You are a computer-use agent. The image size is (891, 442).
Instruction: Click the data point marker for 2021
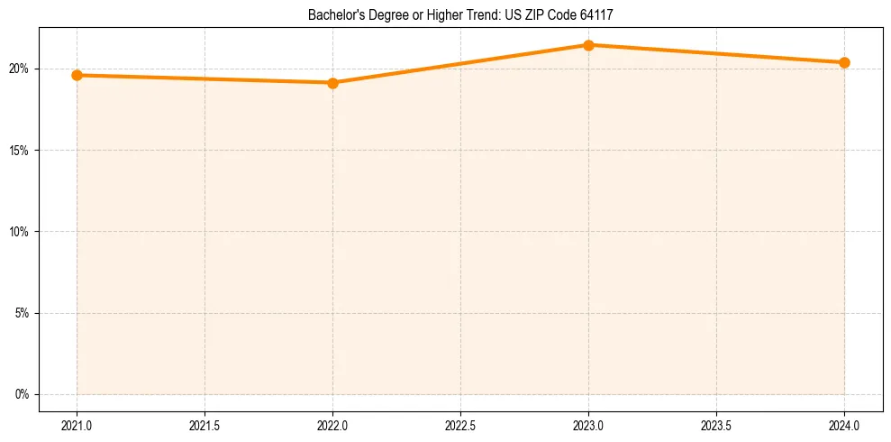coord(77,75)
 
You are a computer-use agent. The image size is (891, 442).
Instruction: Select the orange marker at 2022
coord(332,83)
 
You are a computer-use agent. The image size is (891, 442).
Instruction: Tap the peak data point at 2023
coord(588,45)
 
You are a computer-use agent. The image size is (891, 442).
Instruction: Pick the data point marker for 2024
coord(844,62)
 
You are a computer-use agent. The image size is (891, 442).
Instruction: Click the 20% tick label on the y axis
coord(19,69)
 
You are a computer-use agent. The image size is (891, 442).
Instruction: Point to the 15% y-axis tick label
coord(19,150)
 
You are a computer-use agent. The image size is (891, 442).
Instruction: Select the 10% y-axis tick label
coord(19,232)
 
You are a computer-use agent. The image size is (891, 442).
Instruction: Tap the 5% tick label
coord(22,313)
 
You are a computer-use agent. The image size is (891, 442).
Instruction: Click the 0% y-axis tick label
coord(22,394)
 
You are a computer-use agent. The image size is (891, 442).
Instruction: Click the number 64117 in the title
coord(597,14)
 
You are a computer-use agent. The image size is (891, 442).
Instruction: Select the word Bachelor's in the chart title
coord(333,14)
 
